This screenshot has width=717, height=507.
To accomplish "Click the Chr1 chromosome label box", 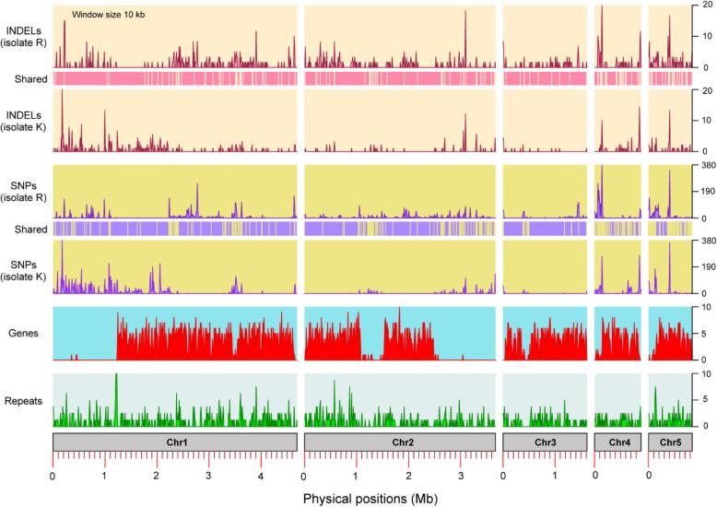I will tap(174, 442).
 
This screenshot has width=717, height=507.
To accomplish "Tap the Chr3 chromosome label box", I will tap(544, 442).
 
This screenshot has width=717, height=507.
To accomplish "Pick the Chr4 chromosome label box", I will tap(617, 442).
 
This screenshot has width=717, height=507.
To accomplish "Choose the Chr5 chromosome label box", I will tap(670, 442).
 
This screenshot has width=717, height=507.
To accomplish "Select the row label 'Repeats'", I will tap(24, 400).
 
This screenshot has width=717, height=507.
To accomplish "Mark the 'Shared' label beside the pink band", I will tap(30, 79).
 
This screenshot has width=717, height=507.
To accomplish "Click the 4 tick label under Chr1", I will tap(261, 477).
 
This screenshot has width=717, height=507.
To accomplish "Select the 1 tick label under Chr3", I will tap(555, 477).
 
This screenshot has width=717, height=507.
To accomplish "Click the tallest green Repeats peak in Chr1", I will tap(116, 376).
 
